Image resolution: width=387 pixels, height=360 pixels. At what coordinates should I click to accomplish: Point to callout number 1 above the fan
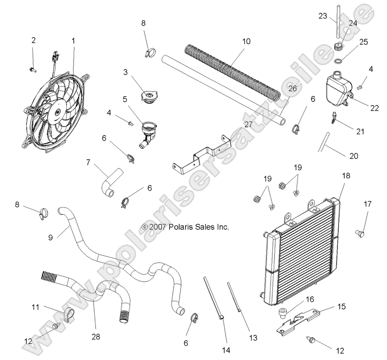[73, 41]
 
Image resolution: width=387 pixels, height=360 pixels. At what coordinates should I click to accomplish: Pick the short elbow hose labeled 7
[111, 181]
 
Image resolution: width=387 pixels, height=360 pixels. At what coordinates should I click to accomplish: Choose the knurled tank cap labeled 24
[338, 46]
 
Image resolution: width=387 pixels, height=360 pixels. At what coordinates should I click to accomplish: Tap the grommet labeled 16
[282, 313]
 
